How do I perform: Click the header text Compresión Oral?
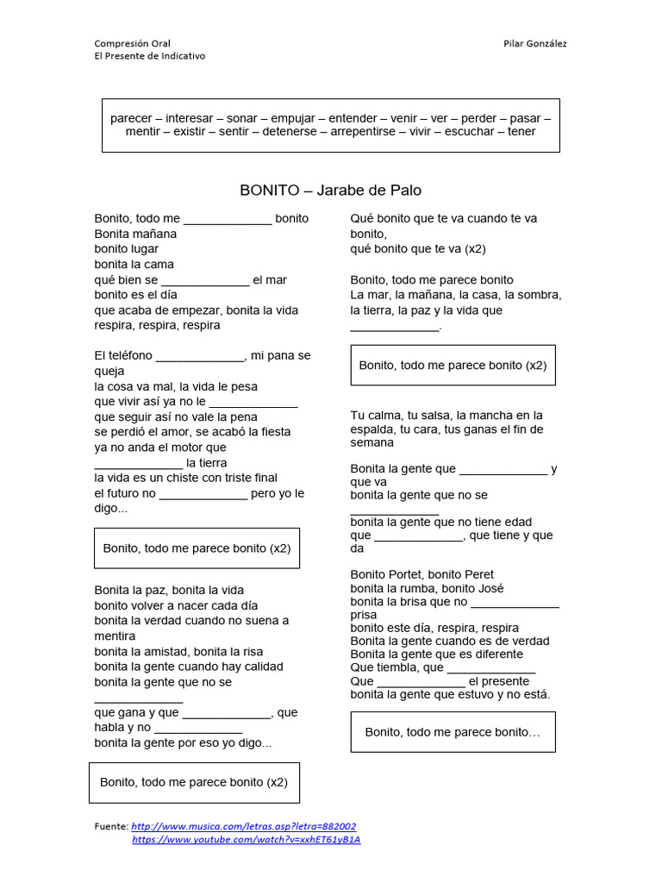click(x=132, y=43)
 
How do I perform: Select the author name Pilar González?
click(x=534, y=43)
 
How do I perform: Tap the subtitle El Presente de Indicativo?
click(x=150, y=56)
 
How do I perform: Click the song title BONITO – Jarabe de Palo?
click(x=330, y=190)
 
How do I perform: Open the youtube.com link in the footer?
click(x=246, y=839)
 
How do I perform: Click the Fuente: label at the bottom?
click(x=111, y=825)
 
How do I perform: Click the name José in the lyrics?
click(x=489, y=588)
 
